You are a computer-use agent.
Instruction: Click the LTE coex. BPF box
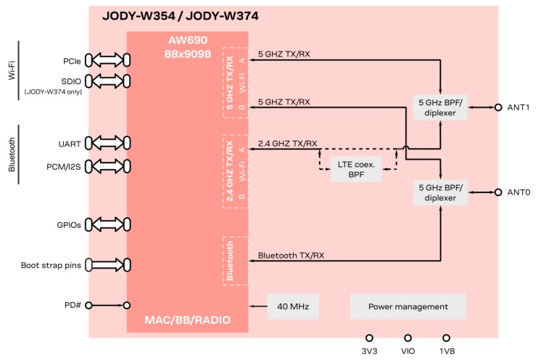pyautogui.click(x=358, y=168)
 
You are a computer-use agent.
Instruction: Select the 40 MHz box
pyautogui.click(x=293, y=306)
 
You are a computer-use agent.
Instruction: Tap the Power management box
pyautogui.click(x=408, y=306)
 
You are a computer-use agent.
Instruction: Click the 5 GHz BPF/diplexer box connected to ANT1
pyautogui.click(x=440, y=107)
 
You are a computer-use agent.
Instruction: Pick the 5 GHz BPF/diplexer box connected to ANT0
pyautogui.click(x=440, y=192)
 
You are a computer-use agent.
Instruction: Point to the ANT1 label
pyautogui.click(x=519, y=107)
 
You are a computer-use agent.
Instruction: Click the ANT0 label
pyautogui.click(x=519, y=192)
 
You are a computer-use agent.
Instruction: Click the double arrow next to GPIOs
pyautogui.click(x=107, y=225)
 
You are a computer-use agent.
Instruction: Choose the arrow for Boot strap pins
pyautogui.click(x=107, y=266)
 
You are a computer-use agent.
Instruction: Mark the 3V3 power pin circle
pyautogui.click(x=369, y=337)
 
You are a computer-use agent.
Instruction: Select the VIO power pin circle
pyautogui.click(x=408, y=337)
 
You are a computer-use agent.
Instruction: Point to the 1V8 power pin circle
pyautogui.click(x=446, y=337)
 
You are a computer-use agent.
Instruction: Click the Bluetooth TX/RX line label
pyautogui.click(x=292, y=255)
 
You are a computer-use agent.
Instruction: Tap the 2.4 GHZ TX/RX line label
pyautogui.click(x=288, y=143)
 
